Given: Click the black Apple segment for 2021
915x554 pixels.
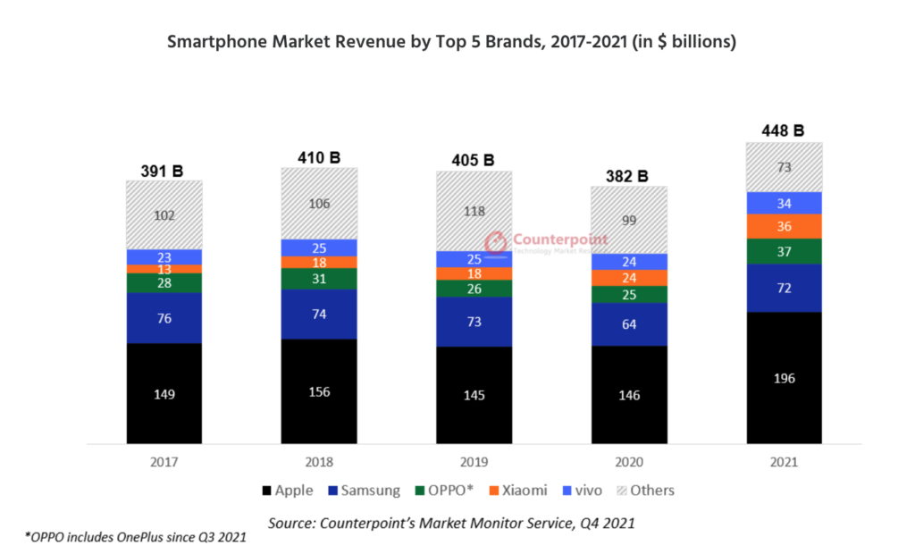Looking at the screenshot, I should pos(784,377).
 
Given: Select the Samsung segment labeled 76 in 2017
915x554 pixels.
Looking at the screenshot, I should pos(164,318).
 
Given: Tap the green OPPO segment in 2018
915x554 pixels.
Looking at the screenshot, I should pos(319,279).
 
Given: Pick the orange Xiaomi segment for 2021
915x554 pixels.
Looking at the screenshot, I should pos(784,226).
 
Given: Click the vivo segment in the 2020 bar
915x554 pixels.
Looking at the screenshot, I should pos(629,262).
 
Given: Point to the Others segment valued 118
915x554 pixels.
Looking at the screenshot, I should pos(474,211).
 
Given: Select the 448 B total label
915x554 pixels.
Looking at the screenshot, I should pos(784,130).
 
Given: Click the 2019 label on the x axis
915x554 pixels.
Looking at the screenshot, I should pos(474,463).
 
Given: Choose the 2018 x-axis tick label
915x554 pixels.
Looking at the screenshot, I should pos(319,463).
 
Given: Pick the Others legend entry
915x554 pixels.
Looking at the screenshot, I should pos(649,491).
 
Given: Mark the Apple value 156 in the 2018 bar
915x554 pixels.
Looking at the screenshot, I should pos(319,390).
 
